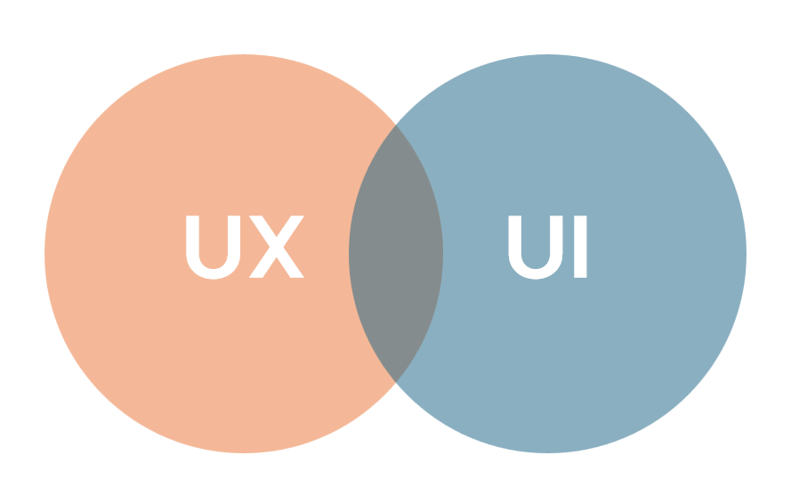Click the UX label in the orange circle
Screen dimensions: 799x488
coord(245,248)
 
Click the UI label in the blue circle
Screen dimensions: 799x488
coord(548,248)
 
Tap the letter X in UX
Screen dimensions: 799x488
coord(277,247)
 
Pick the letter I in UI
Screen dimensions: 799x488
coord(580,247)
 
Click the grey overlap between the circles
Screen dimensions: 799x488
coord(396,254)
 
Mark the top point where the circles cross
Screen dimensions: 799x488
coord(396,125)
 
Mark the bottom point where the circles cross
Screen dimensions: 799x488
coord(396,382)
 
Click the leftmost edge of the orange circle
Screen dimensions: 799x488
coord(44,254)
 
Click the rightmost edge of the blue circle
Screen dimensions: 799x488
coord(747,254)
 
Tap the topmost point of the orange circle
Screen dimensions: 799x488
coord(244,54)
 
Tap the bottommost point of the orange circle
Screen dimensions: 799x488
coord(244,452)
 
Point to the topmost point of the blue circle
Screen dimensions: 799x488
coord(548,54)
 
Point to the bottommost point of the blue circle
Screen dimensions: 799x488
coord(548,452)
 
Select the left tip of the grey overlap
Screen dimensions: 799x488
coord(349,254)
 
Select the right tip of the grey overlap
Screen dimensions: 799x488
coord(443,254)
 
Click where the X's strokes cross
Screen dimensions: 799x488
coord(277,248)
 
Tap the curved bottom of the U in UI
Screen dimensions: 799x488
coord(536,274)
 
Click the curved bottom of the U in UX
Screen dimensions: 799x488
coord(213,274)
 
